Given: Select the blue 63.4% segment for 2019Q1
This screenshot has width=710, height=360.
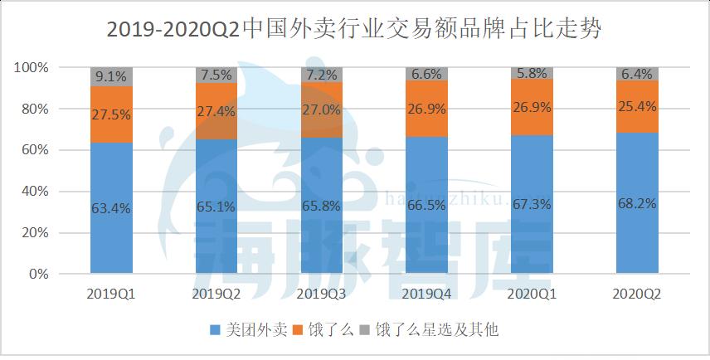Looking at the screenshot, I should tap(111, 207).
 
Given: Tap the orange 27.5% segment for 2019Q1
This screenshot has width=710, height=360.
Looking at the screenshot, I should tap(111, 114).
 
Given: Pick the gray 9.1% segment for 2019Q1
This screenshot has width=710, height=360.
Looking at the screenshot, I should tap(111, 76).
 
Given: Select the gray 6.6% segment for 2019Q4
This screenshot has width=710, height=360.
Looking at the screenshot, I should tap(426, 74).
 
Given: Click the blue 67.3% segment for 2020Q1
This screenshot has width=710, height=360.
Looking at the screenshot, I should tap(532, 203).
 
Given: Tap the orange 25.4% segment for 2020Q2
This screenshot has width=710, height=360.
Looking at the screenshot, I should tap(637, 106).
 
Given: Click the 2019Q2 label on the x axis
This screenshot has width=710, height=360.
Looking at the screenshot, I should tap(216, 294).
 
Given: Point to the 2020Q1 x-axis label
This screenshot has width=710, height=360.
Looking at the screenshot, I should tap(532, 294).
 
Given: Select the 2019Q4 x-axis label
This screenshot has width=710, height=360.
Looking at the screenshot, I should tap(426, 294).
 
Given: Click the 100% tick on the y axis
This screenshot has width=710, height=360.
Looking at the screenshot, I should tap(35, 67).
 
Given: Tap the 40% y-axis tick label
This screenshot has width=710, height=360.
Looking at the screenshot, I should tap(38, 192).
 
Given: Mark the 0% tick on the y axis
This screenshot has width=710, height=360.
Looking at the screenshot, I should tap(41, 274).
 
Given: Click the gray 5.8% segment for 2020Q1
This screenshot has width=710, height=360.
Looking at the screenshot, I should tap(532, 73).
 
